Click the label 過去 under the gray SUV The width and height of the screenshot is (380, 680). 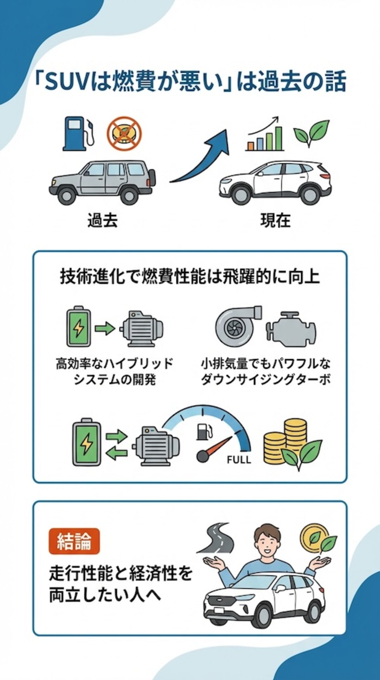point(102,220)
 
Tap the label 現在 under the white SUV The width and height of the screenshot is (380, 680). point(275,220)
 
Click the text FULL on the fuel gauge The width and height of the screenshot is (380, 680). point(239,459)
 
